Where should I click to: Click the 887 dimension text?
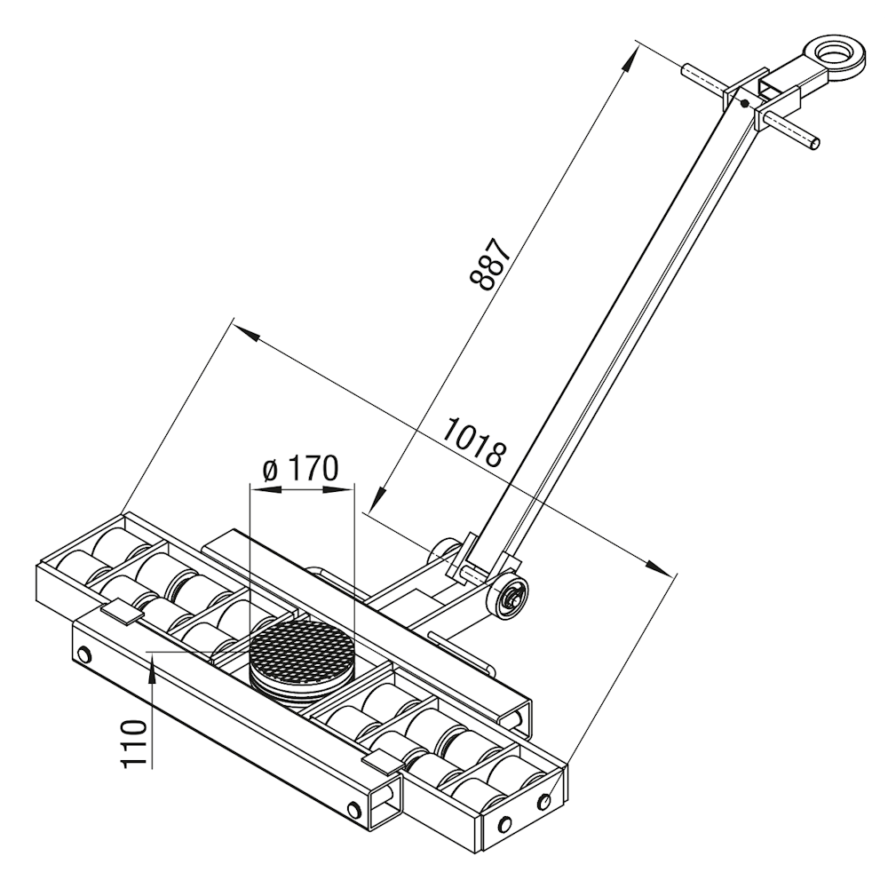490,265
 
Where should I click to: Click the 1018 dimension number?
473,442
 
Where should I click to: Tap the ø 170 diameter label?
301,468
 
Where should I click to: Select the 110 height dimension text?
134,744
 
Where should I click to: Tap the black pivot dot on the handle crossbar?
746,103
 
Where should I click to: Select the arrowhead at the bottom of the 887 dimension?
378,498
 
